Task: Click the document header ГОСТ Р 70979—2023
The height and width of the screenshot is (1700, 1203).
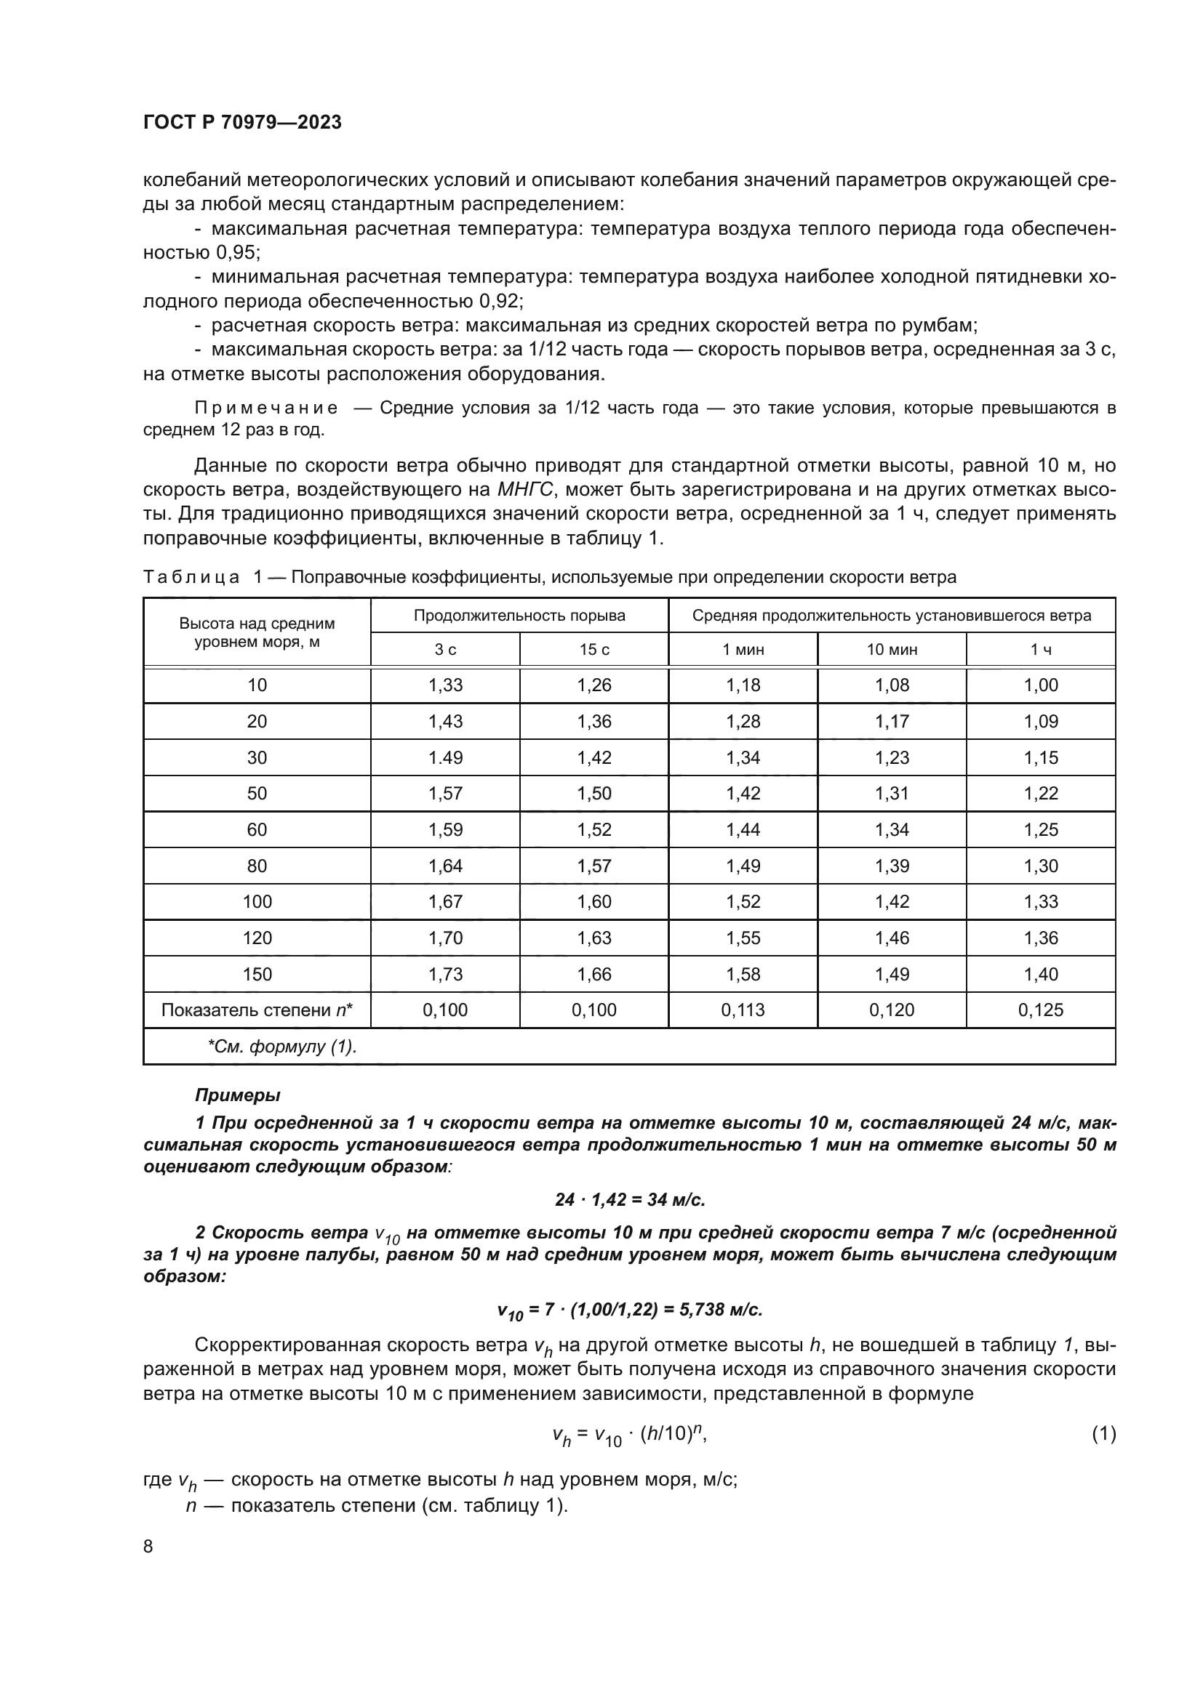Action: (242, 122)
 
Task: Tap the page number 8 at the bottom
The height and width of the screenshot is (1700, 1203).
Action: (148, 1546)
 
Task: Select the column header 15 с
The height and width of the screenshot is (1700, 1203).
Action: (594, 649)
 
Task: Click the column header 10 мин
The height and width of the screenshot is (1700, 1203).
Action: (892, 649)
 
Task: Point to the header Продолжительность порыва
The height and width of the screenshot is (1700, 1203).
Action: (519, 616)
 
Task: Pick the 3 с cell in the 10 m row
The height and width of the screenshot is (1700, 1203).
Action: (445, 685)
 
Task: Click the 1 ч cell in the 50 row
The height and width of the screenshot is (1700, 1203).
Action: (1041, 793)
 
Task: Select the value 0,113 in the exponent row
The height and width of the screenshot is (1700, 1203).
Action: (743, 1010)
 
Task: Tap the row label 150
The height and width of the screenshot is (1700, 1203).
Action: (257, 974)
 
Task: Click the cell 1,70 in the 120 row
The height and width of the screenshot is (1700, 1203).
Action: (445, 938)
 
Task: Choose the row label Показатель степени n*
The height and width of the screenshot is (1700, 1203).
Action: (257, 1010)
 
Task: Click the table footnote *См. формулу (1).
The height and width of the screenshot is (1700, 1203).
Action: (281, 1046)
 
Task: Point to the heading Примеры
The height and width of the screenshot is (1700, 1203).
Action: (237, 1095)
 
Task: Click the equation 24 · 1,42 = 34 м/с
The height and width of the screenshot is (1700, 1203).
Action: (630, 1199)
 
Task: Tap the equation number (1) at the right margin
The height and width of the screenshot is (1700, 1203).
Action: (1103, 1433)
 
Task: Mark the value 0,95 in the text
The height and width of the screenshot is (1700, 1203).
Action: (237, 252)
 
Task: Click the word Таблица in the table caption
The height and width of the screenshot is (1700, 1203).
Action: (191, 577)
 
